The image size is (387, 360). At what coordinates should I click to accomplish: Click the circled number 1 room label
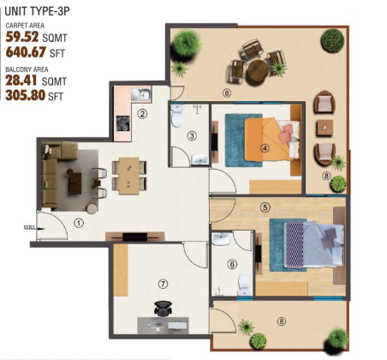(78, 223)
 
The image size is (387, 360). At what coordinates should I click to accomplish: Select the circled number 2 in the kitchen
(143, 112)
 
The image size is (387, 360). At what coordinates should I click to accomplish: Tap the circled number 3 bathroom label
(193, 135)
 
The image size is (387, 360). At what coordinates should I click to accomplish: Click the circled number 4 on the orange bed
(265, 148)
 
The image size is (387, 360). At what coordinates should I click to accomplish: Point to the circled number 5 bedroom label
(266, 207)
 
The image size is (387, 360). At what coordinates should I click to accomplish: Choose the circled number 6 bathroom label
(231, 264)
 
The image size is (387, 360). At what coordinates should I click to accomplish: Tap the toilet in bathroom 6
(244, 280)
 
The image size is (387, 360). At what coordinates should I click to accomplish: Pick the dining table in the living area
(126, 173)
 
